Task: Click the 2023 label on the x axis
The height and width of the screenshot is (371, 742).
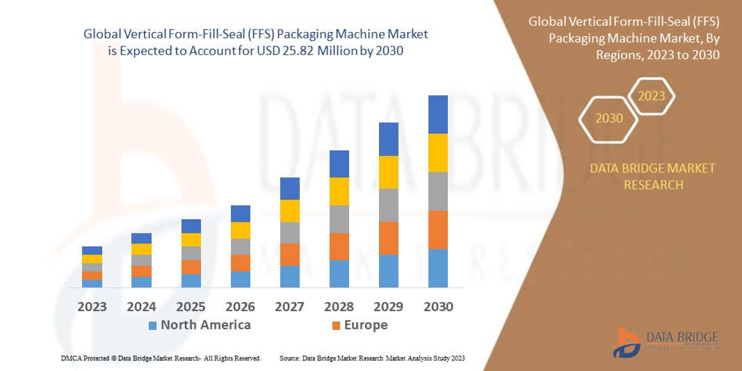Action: click(92, 307)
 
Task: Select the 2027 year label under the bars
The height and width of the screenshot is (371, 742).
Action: click(289, 307)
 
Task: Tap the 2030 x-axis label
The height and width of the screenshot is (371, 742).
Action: click(437, 307)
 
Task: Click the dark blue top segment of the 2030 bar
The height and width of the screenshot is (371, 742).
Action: click(437, 114)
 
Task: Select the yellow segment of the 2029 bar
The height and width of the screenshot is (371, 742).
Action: click(388, 172)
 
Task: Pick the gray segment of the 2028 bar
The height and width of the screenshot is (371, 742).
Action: click(339, 219)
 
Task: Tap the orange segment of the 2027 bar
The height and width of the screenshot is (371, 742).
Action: click(289, 254)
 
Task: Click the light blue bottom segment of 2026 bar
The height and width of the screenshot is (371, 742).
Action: click(240, 279)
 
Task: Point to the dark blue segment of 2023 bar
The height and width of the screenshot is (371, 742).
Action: click(92, 251)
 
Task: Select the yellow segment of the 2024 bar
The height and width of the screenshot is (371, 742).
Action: click(141, 249)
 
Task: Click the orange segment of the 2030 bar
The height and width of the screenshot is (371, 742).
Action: click(437, 230)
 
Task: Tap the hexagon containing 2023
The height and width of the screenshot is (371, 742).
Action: click(652, 96)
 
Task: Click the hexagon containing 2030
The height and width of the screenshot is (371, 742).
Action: click(608, 118)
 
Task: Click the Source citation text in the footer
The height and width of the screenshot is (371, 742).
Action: click(371, 358)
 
